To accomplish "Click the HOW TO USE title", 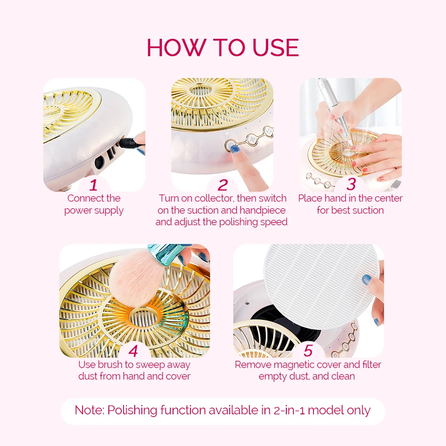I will coord(223,48).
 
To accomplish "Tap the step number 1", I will coord(93,185).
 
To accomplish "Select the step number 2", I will coord(223,185).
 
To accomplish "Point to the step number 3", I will coord(351,184).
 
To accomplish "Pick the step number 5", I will coord(308,351).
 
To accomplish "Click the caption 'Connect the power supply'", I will coord(94,204).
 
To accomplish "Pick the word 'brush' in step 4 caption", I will coord(110,365).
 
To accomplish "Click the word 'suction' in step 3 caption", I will coord(369,210).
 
